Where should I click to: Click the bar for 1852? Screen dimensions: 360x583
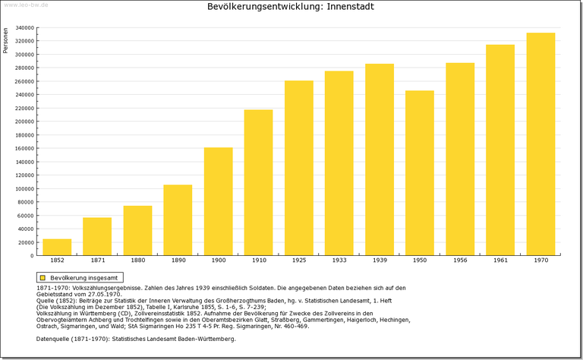click(x=57, y=247)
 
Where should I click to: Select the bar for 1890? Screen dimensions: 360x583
click(x=178, y=220)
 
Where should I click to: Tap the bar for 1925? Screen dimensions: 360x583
click(x=298, y=168)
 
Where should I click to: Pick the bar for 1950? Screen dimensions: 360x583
click(x=419, y=173)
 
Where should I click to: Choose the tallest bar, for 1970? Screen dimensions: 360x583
click(x=540, y=144)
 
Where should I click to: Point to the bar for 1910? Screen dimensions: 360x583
click(x=258, y=182)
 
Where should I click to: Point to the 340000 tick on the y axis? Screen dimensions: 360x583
click(x=24, y=28)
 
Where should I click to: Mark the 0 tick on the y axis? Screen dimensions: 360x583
click(x=31, y=256)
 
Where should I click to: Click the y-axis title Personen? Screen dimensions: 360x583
click(x=6, y=40)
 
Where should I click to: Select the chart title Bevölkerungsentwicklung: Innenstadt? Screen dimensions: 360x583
click(x=291, y=7)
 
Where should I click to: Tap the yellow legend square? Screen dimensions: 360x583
click(x=43, y=278)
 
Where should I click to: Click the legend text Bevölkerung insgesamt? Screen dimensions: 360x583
click(x=83, y=278)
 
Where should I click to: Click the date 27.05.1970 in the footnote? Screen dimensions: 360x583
click(x=102, y=294)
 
